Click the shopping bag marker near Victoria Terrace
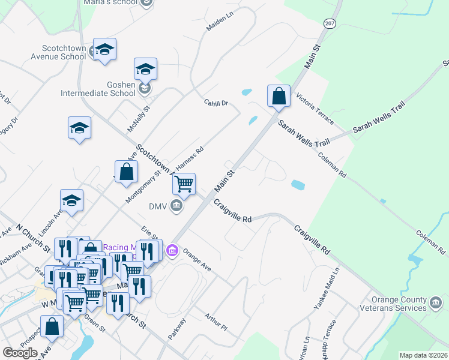tap(279, 96)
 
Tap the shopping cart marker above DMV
tap(184, 183)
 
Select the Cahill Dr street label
tap(216, 103)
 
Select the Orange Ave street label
tap(197, 260)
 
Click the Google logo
tap(20, 353)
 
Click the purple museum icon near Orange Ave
tap(172, 250)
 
